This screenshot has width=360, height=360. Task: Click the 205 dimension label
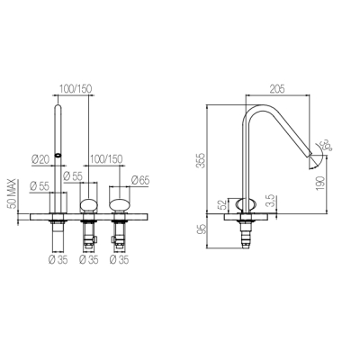pyautogui.click(x=277, y=89)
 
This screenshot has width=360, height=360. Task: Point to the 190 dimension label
pyautogui.click(x=320, y=183)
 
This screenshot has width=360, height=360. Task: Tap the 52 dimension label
pyautogui.click(x=222, y=204)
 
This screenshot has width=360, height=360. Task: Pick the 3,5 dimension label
pyautogui.click(x=270, y=201)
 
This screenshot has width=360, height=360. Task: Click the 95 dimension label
pyautogui.click(x=202, y=229)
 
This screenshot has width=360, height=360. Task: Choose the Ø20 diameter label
pyautogui.click(x=40, y=159)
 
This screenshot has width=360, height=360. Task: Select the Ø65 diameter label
pyautogui.click(x=140, y=180)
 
